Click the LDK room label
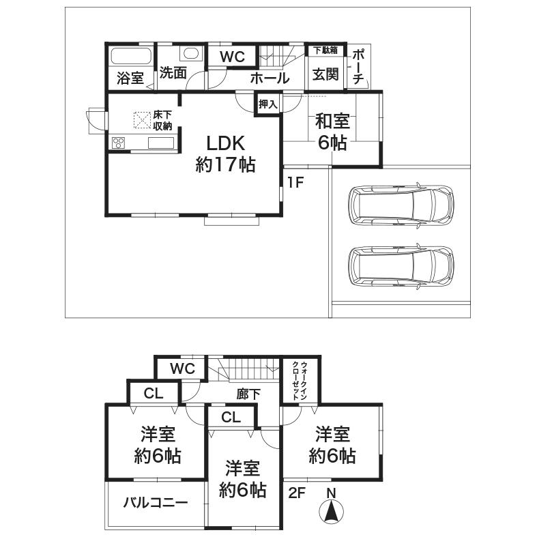coord(225,153)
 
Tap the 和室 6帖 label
coord(332,132)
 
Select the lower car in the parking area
coord(400,265)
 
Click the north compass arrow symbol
coord(330,510)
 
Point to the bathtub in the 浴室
coord(131,56)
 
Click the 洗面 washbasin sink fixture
coord(190,54)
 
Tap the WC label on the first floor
coord(231,57)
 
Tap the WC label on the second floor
coord(182,369)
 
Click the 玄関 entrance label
coord(325,74)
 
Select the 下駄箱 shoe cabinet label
coord(325,50)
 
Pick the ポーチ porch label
coord(359,68)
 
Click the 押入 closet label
coord(268,104)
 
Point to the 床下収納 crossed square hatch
coord(142,120)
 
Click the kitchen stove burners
coord(119,143)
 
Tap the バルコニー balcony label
coord(156,503)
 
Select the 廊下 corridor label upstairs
coord(248,393)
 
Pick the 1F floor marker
coord(295,182)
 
